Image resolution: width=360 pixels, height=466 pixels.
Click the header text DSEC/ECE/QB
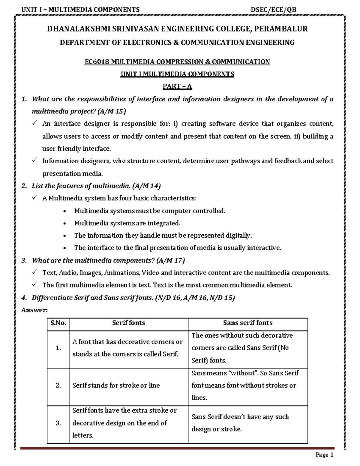pos(274,10)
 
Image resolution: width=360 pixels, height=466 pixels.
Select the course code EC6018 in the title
pos(97,62)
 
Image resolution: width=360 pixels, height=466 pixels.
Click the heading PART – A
pos(177,87)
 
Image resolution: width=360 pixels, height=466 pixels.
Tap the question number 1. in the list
pos(24,99)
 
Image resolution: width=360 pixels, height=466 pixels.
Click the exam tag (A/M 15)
pos(112,112)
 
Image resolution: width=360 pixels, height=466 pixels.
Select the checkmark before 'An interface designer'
pos(34,123)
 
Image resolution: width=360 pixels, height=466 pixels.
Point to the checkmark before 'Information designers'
pos(34,161)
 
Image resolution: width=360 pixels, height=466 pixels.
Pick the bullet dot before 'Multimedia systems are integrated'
pos(65,224)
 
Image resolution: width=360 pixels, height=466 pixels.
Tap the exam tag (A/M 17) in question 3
pos(170,260)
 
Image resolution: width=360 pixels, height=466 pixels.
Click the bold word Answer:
pos(34,310)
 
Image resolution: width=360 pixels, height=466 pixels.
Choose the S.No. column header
pos(58,323)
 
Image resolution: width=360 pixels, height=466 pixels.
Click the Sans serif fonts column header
pos(248,323)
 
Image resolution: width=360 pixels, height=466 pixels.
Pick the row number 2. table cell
pos(58,386)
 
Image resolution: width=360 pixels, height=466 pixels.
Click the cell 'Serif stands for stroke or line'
pos(116,386)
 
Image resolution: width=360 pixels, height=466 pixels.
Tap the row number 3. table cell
pos(58,423)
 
